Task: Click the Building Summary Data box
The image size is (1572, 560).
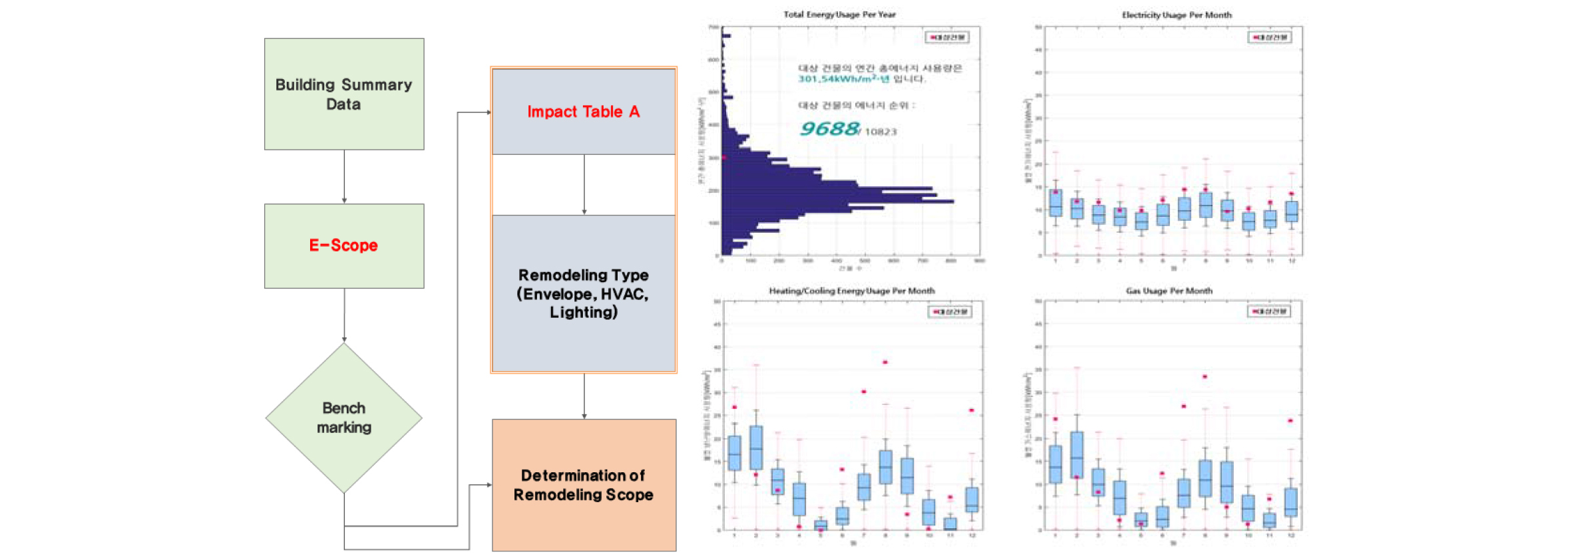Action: [x=343, y=94]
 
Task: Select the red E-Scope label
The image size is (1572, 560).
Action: [x=343, y=245]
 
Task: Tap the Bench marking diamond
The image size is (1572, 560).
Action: [x=343, y=418]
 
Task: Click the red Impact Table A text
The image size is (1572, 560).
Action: [x=583, y=112]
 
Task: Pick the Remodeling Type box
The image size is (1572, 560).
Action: [x=584, y=293]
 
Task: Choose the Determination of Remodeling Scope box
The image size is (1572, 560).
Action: [x=584, y=485]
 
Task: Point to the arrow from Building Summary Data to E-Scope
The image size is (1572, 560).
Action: [x=344, y=176]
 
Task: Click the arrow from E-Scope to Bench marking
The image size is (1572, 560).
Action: [x=344, y=315]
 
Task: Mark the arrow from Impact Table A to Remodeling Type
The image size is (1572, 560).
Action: [x=584, y=184]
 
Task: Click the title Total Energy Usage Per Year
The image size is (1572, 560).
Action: [x=839, y=14]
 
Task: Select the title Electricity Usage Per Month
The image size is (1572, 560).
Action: [x=1176, y=15]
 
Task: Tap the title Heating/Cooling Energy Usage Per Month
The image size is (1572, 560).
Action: [x=851, y=291]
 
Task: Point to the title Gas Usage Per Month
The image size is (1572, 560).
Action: [x=1169, y=291]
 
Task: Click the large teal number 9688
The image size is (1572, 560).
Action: [x=829, y=128]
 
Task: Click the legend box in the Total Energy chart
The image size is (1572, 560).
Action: [x=947, y=37]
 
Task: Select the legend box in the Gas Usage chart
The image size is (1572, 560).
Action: [x=1269, y=311]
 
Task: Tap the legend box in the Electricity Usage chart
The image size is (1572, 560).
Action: [x=1270, y=37]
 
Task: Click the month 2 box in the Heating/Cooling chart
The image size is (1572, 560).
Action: [x=756, y=448]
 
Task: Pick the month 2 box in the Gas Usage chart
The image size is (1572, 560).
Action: [x=1077, y=455]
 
